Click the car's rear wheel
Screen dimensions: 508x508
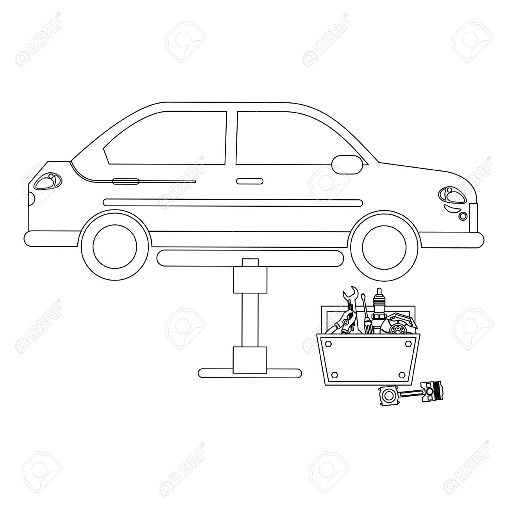(115, 246)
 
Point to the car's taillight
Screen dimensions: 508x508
(48, 181)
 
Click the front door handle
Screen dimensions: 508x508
(249, 181)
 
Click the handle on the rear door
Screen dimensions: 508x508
(125, 181)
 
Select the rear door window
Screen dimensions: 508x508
(172, 137)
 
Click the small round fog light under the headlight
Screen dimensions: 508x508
(463, 216)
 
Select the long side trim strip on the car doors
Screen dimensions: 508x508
(233, 202)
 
